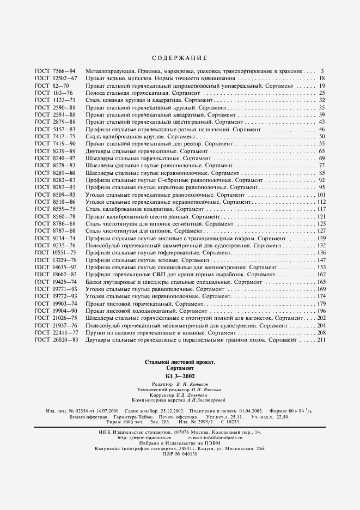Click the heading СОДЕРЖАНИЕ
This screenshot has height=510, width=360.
(179, 57)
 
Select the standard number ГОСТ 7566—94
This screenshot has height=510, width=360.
(55, 71)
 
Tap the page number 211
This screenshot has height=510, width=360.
(320, 340)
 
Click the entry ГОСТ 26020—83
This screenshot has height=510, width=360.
(56, 340)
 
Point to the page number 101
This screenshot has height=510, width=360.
(320, 195)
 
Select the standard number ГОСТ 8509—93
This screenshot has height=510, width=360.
(55, 195)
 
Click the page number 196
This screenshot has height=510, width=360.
(320, 310)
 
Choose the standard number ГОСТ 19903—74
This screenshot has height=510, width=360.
(56, 303)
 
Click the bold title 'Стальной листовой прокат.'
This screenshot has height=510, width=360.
(180, 362)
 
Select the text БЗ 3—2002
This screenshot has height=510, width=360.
(180, 376)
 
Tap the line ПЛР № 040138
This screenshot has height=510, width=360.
(180, 454)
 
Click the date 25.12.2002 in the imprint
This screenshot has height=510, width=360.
(171, 409)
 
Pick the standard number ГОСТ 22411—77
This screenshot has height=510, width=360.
(56, 332)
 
